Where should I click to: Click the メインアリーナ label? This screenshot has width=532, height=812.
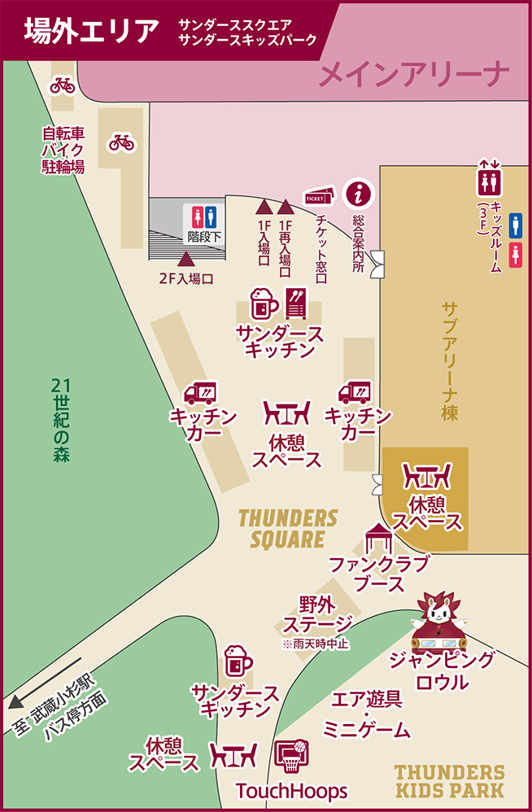(414, 76)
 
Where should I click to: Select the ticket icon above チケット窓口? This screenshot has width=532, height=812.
(319, 196)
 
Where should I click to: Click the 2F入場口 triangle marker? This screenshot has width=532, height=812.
(186, 260)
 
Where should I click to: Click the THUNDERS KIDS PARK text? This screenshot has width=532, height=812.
(449, 780)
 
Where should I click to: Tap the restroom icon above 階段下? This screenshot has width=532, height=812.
(203, 217)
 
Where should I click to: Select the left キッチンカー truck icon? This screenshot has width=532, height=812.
(200, 394)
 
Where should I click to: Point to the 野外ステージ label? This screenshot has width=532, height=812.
(317, 614)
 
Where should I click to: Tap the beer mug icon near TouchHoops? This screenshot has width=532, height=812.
(237, 660)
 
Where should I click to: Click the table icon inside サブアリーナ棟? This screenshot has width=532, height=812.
(427, 476)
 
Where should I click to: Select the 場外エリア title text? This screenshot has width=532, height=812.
(90, 32)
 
